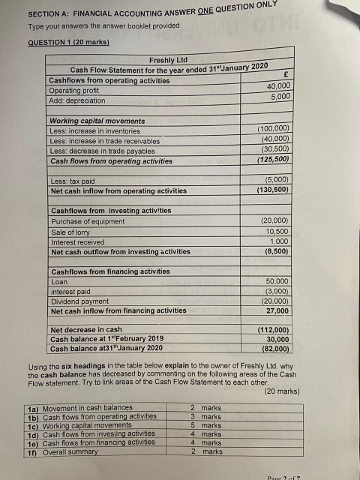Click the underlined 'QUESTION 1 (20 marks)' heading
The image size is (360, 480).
(67, 43)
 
